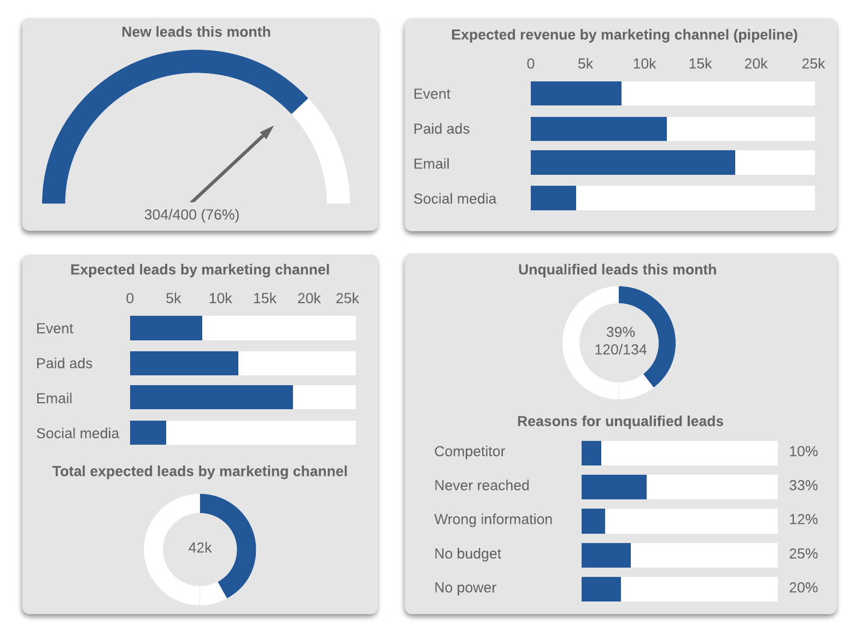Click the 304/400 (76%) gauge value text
[x=192, y=215]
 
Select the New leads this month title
[x=196, y=32]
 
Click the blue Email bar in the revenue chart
[x=632, y=163]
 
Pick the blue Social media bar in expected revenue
[x=553, y=198]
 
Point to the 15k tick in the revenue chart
[x=700, y=64]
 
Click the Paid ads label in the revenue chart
[x=441, y=129]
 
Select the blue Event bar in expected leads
[x=166, y=328]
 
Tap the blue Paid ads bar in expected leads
[x=184, y=363]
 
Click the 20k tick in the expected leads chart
[x=309, y=298]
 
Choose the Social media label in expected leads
[x=78, y=433]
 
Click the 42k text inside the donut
[x=200, y=548]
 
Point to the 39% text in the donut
[x=620, y=332]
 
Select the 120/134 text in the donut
[x=620, y=350]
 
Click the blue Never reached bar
[x=614, y=487]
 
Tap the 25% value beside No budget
[x=803, y=554]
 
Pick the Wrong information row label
[x=493, y=519]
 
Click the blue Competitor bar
[x=591, y=453]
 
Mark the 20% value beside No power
[x=803, y=588]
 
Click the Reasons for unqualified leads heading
[x=620, y=421]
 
